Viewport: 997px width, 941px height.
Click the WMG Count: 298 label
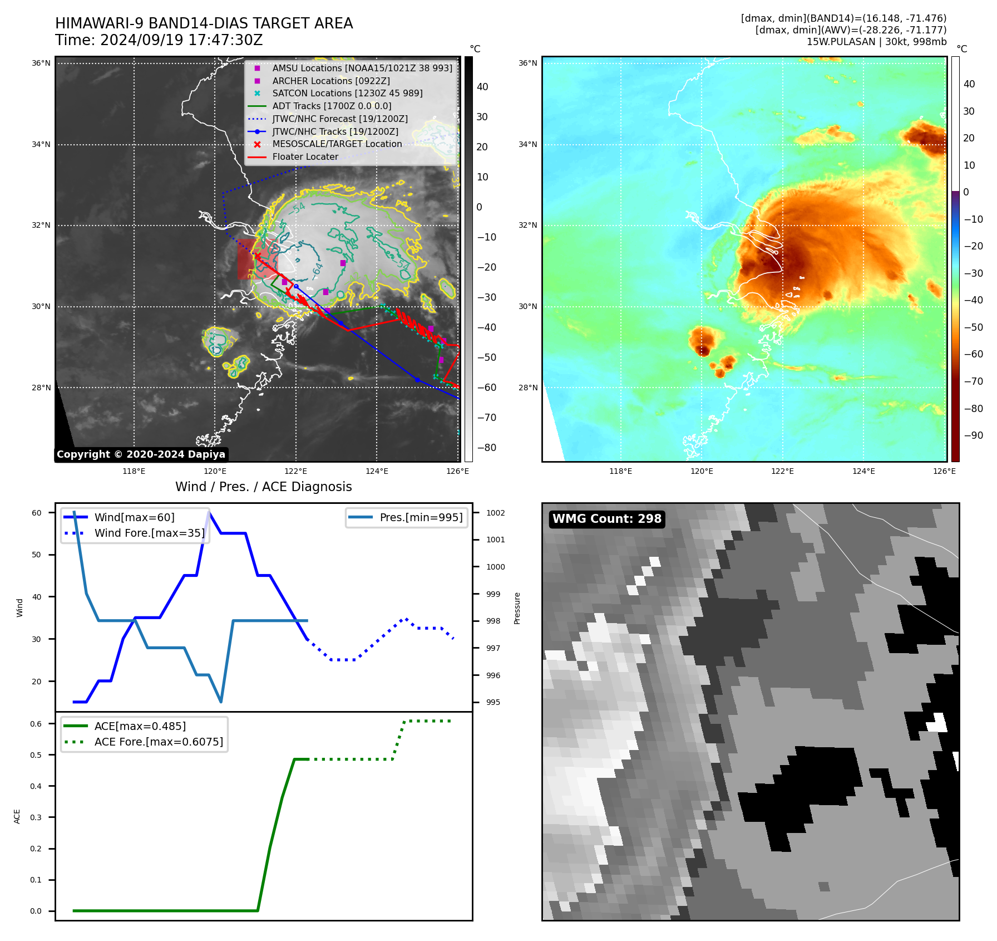pyautogui.click(x=606, y=519)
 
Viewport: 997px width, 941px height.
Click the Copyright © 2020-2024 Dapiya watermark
pyautogui.click(x=141, y=454)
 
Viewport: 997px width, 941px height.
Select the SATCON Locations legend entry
pyautogui.click(x=347, y=94)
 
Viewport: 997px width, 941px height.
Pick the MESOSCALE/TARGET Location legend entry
pyautogui.click(x=337, y=144)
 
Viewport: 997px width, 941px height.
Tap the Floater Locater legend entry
pyautogui.click(x=305, y=157)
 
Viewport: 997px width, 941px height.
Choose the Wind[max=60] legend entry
pyautogui.click(x=134, y=518)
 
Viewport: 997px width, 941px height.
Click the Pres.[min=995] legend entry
pyautogui.click(x=421, y=518)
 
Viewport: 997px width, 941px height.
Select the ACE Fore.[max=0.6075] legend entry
pyautogui.click(x=159, y=742)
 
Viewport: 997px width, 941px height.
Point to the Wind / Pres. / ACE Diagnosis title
pyautogui.click(x=263, y=487)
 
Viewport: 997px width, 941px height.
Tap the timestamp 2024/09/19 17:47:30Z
pyautogui.click(x=181, y=41)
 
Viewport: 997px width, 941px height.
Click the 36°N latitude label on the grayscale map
pyautogui.click(x=41, y=63)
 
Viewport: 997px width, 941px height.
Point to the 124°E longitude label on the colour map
pyautogui.click(x=863, y=472)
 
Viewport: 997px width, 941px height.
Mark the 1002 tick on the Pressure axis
pyautogui.click(x=495, y=513)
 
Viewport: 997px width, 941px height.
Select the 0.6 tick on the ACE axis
pyautogui.click(x=36, y=724)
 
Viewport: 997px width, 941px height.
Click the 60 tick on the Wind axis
pyautogui.click(x=37, y=513)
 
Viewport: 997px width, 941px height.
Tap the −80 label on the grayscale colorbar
pyautogui.click(x=487, y=448)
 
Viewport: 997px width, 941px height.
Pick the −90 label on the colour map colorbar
pyautogui.click(x=973, y=435)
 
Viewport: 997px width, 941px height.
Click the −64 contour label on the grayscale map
pyautogui.click(x=317, y=269)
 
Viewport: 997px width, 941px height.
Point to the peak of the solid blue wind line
pyautogui.click(x=209, y=512)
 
